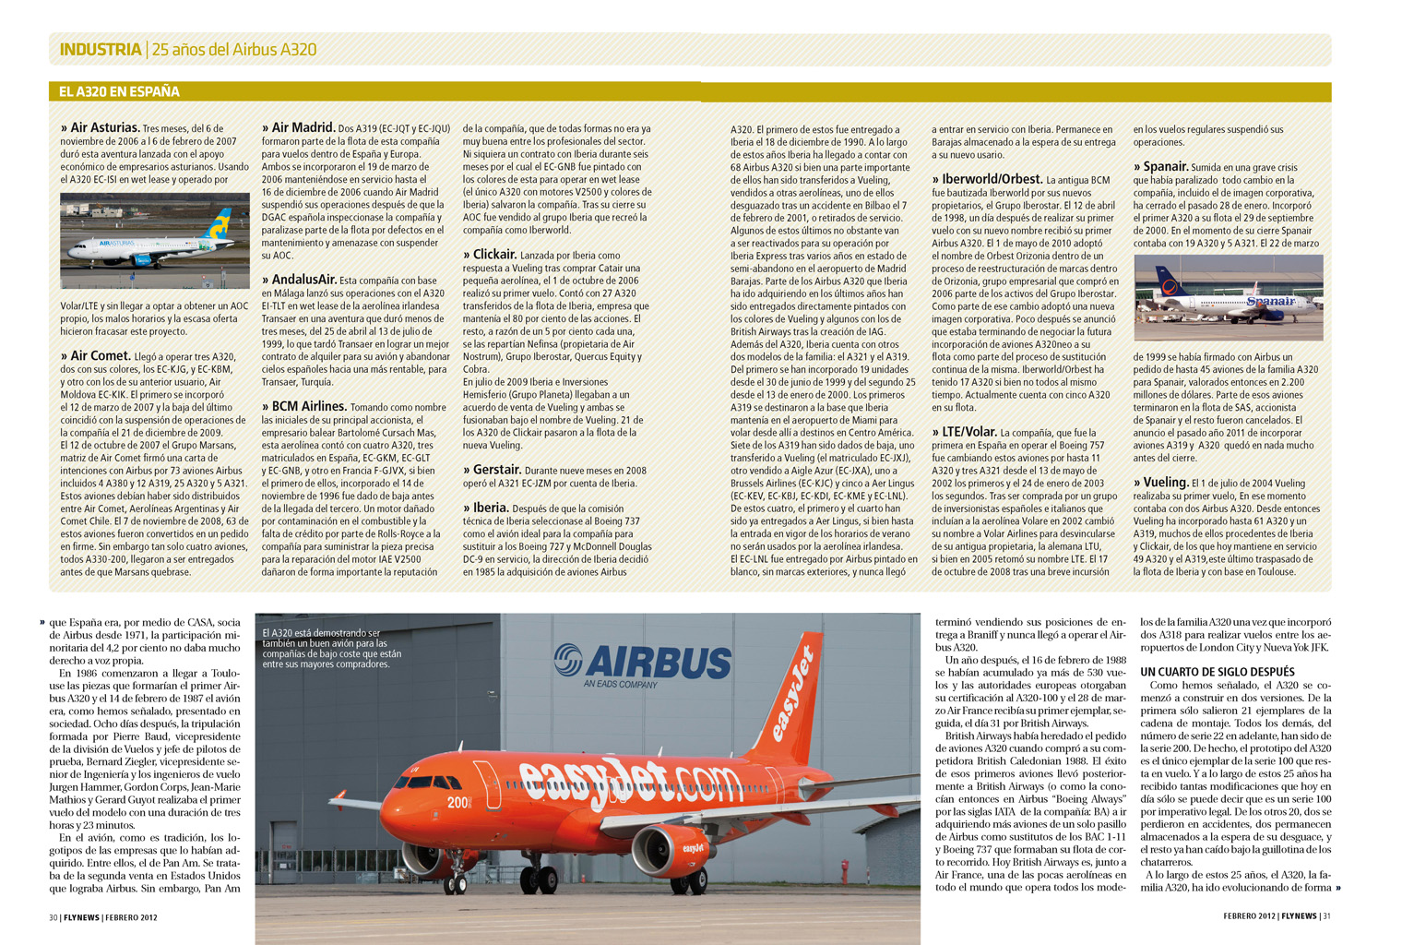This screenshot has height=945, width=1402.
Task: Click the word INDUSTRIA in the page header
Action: pyautogui.click(x=100, y=50)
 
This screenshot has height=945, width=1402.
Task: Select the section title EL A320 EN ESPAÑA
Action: pyautogui.click(x=119, y=91)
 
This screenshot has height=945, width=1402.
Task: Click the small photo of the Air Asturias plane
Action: pyautogui.click(x=155, y=241)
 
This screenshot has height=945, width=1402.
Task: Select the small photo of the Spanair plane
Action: pyautogui.click(x=1228, y=298)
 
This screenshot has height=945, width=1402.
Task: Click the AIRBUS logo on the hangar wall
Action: pyautogui.click(x=643, y=663)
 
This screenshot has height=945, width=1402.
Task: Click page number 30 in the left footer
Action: pyautogui.click(x=53, y=917)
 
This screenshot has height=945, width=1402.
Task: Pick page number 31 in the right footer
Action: pyautogui.click(x=1326, y=916)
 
